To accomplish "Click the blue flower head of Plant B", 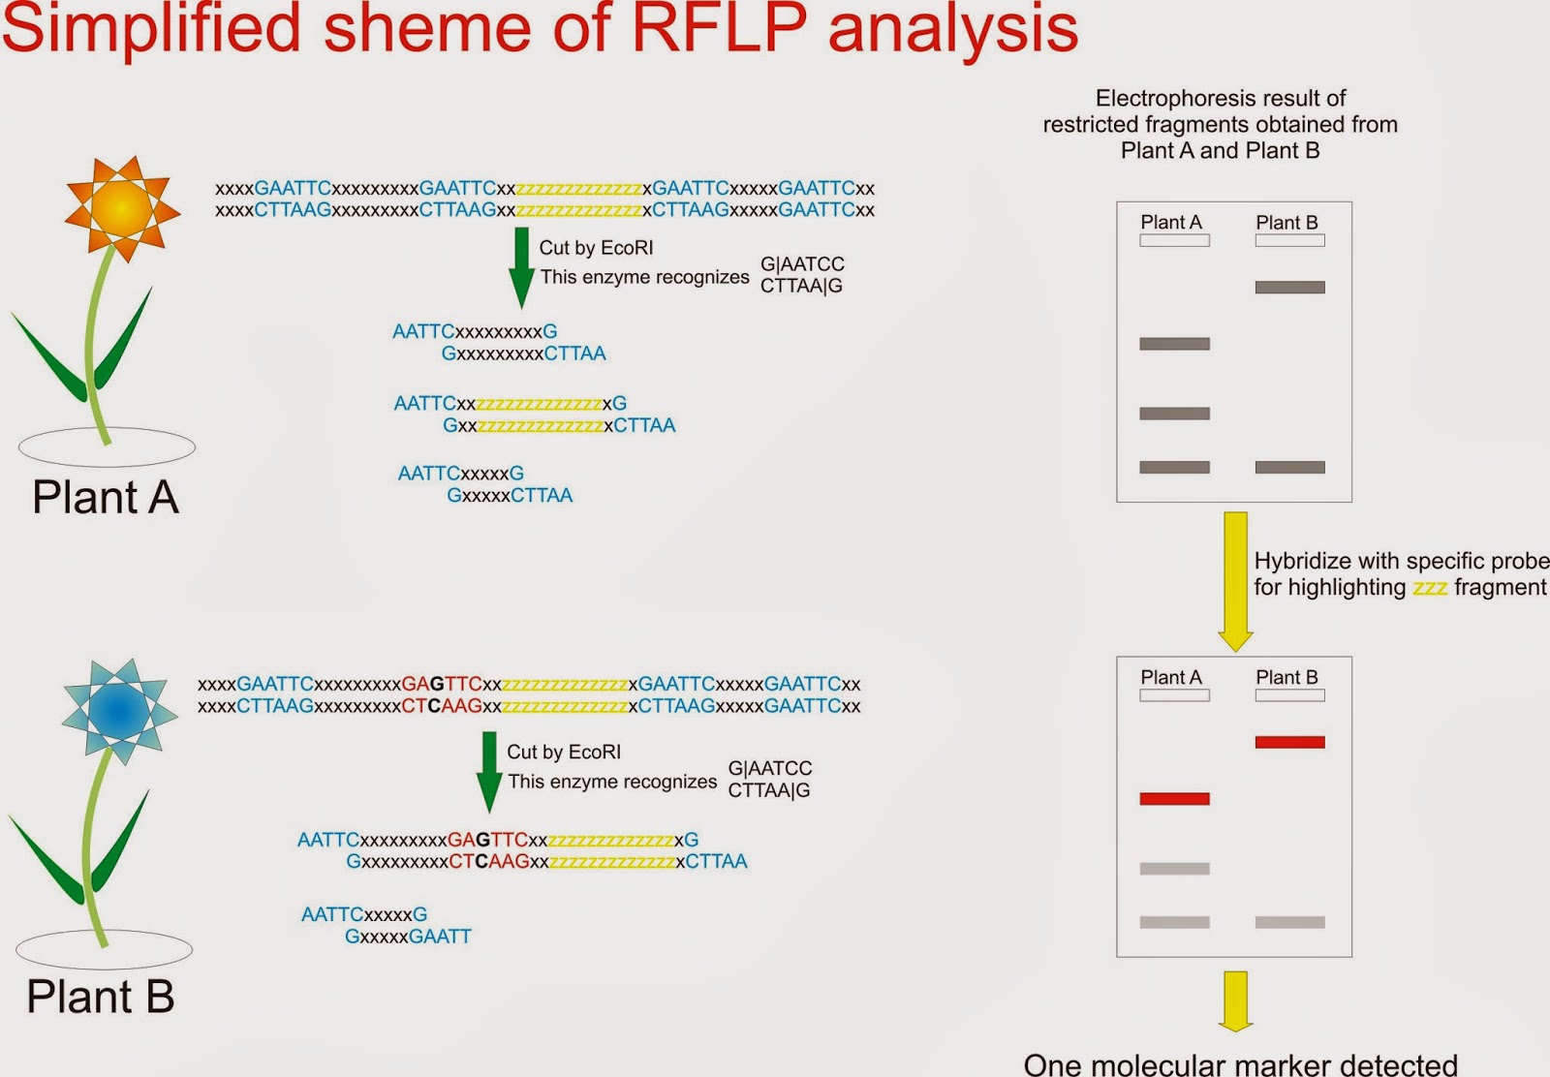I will point(118,709).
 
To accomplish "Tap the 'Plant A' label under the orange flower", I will point(106,497).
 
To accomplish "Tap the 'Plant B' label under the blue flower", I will point(101,996).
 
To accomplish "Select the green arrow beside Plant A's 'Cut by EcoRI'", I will point(521,267).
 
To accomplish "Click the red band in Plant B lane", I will point(1289,742).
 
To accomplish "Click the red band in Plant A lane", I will point(1174,799).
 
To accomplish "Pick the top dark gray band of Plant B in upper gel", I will point(1289,287).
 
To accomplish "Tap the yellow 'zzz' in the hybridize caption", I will point(1430,589).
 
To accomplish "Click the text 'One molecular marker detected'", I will point(1240,1064).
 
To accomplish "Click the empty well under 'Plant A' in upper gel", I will point(1174,240).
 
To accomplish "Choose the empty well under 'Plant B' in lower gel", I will point(1289,695).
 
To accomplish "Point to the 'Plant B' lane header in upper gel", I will point(1286,223).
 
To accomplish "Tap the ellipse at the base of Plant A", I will point(107,447).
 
